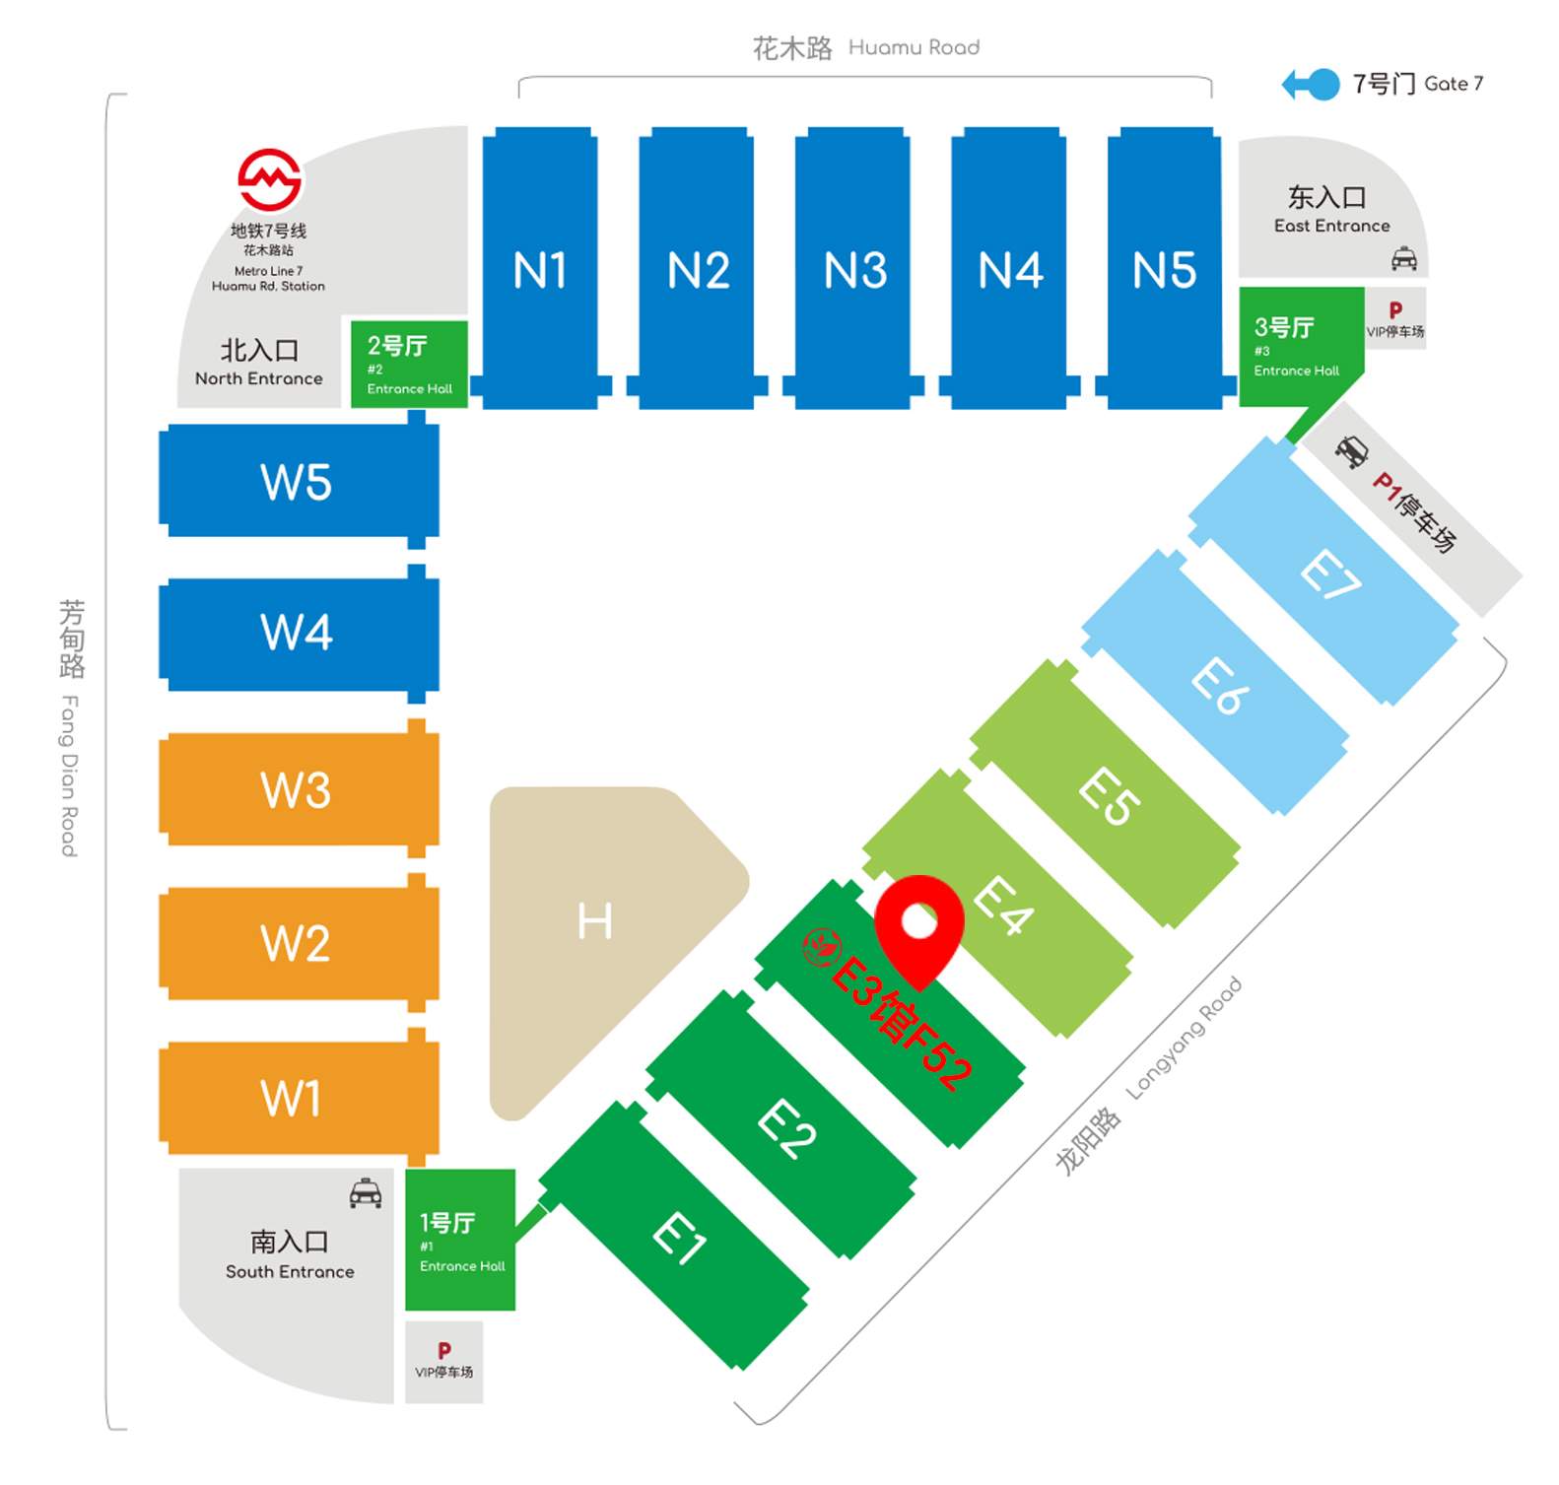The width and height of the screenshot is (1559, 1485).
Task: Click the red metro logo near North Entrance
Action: coord(269,180)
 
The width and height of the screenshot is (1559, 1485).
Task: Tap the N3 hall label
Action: coord(854,270)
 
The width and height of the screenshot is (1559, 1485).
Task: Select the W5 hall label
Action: coord(296,482)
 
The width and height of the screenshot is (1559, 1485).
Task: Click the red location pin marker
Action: coord(918,926)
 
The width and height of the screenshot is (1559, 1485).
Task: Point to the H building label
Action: coord(595,921)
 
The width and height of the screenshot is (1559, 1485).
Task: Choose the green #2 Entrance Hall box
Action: coord(409,364)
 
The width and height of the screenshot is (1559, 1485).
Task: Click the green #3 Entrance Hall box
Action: coord(1298,345)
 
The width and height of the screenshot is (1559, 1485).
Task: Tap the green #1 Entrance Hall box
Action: coord(460,1240)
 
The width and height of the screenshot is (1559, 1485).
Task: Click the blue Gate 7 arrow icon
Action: coord(1311,85)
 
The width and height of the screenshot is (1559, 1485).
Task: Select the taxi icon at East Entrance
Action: coord(1403,259)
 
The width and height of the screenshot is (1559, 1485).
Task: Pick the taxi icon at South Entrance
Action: coord(366,1193)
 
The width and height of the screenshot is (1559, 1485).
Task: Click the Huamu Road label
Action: coord(865,47)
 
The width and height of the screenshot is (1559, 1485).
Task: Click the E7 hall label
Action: coord(1329,574)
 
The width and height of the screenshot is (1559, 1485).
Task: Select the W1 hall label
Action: coord(291,1098)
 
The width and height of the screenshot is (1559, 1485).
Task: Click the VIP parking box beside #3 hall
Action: coord(1395,318)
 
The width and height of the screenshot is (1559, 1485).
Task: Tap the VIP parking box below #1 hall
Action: coord(444,1360)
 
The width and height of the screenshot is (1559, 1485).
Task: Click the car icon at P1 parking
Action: coord(1351,451)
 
